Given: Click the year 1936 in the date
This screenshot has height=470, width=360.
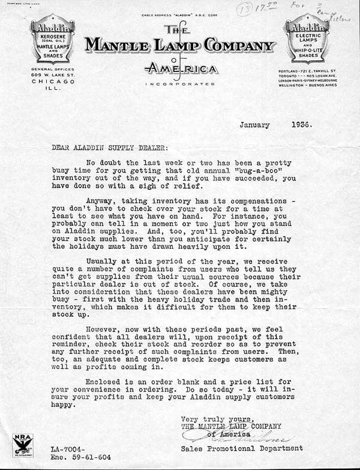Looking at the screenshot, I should coord(298,125).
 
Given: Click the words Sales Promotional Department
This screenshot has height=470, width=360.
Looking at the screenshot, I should coord(241,448).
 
